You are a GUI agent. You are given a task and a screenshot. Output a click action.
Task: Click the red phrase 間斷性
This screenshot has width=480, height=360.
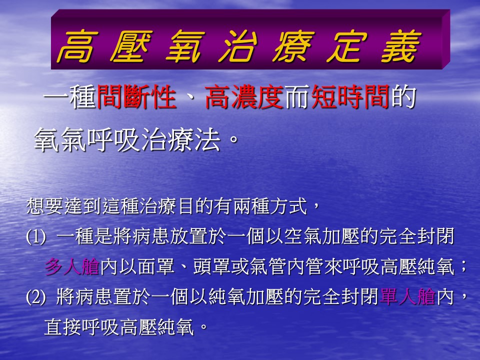[x=136, y=97]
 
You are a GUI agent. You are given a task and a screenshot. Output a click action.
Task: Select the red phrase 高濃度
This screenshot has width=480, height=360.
[x=244, y=97]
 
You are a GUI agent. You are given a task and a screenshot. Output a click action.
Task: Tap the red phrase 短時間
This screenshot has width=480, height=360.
[x=350, y=97]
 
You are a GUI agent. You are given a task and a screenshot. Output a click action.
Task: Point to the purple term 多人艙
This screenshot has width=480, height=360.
[x=72, y=266]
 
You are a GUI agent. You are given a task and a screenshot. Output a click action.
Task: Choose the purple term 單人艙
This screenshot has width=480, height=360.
[x=407, y=296]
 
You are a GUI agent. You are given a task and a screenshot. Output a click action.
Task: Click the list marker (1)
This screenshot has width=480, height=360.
[x=36, y=237]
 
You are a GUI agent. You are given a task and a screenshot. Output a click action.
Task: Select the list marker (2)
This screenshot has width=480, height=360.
[x=36, y=297]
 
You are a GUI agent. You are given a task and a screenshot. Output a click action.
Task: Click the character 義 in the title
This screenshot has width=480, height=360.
[x=401, y=46]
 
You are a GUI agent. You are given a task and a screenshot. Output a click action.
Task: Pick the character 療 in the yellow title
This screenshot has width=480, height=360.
[x=293, y=46]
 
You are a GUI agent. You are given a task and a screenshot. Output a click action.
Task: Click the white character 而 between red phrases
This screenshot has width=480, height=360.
[x=297, y=97]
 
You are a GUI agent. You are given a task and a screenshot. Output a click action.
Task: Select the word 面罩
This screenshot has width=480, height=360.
[x=156, y=266]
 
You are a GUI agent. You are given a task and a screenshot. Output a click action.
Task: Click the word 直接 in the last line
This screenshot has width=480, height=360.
[x=63, y=326]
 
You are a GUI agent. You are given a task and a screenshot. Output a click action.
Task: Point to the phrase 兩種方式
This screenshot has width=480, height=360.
[x=270, y=206]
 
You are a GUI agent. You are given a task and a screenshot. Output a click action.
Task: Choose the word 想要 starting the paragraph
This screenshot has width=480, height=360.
[x=44, y=206]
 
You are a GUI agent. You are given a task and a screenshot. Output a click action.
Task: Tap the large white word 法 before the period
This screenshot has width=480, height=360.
[x=207, y=139]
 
